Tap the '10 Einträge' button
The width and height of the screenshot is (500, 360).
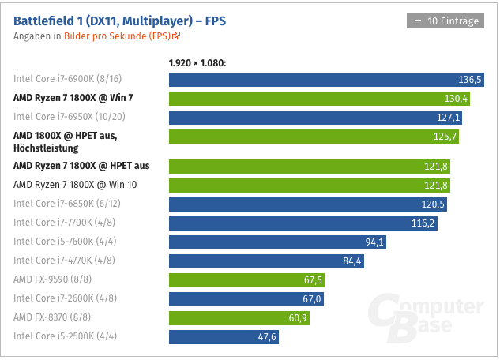tap(445, 21)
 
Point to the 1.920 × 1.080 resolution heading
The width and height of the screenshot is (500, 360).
tap(197, 62)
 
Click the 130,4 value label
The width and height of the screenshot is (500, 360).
tap(457, 99)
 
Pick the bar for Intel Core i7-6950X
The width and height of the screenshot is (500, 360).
tap(316, 118)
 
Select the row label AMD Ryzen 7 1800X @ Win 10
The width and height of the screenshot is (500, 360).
tap(76, 185)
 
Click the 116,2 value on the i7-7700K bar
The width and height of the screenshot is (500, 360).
tap(423, 223)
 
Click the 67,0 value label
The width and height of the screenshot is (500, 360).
tap(312, 299)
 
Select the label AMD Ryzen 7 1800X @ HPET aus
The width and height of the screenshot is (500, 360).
tap(81, 166)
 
